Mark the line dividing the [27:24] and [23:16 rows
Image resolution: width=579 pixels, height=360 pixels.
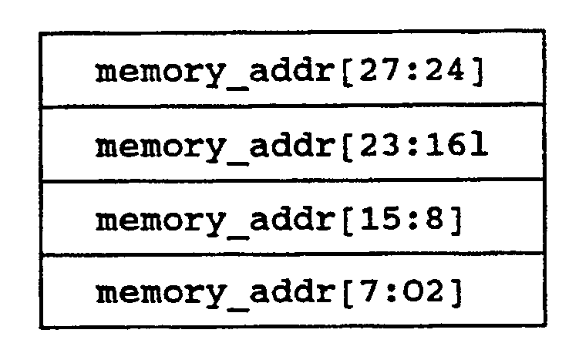(292, 108)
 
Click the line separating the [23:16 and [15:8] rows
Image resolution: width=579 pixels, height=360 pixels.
(292, 180)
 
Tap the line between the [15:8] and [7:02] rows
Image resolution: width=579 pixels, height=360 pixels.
(292, 254)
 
